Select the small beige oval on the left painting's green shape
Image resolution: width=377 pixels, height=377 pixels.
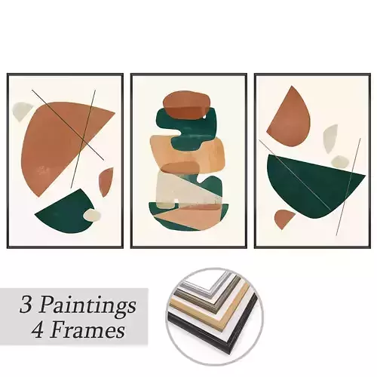(92, 216)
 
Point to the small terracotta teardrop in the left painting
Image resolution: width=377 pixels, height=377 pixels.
(106, 181)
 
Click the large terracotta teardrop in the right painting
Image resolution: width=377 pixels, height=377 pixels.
(287, 121)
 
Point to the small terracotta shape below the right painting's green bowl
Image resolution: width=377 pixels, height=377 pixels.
(283, 219)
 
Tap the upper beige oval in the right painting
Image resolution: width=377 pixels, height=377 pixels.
(329, 136)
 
